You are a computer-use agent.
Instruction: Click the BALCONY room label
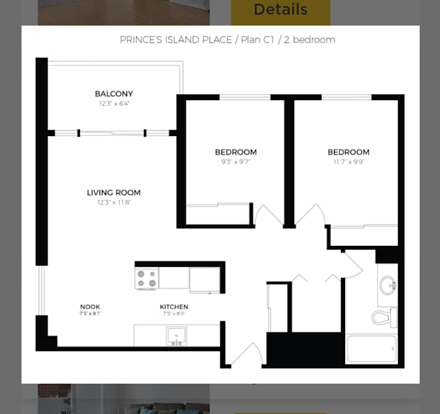point(114,94)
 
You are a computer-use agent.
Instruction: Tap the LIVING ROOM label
point(114,192)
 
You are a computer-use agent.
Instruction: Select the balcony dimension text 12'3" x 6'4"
point(114,103)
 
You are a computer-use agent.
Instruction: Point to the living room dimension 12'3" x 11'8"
point(114,202)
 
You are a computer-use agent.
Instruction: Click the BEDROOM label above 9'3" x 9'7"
point(236,152)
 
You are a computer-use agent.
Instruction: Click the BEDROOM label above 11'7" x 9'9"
point(348,152)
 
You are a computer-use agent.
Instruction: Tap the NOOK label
point(90,307)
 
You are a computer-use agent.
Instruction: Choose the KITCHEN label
point(174,307)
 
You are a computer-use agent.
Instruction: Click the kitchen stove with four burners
point(147,279)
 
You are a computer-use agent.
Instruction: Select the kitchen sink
point(176,336)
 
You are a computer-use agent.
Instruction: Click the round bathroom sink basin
point(388,285)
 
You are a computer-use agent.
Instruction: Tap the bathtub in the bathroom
point(372,349)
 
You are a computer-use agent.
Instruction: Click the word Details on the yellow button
point(281,10)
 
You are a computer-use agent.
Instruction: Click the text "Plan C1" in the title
point(257,40)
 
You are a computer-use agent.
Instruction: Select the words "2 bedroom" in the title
point(310,40)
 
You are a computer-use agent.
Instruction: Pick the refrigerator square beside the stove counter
point(204,280)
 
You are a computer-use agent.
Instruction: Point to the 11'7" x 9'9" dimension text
point(348,162)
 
